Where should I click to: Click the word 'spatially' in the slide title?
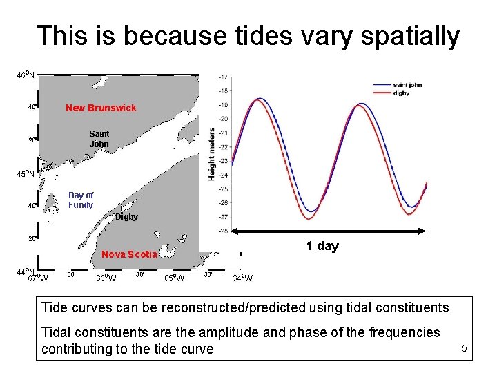tap(413, 36)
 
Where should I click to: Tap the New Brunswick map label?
tap(101, 108)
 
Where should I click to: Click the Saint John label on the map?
tap(99, 139)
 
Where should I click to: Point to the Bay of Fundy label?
tap(81, 200)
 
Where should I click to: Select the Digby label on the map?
tap(126, 217)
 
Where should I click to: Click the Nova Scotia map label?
tap(130, 254)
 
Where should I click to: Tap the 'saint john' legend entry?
tap(407, 85)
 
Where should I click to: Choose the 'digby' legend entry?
tap(402, 92)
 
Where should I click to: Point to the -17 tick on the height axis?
tap(224, 77)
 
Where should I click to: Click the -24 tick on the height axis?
tap(224, 175)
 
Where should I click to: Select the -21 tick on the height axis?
tap(224, 133)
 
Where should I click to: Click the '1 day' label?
tap(322, 247)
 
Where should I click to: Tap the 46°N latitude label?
tap(27, 75)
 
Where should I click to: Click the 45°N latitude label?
tap(27, 173)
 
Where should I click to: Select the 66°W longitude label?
tap(106, 278)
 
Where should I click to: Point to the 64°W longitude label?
tap(242, 278)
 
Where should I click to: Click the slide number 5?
tap(465, 349)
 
